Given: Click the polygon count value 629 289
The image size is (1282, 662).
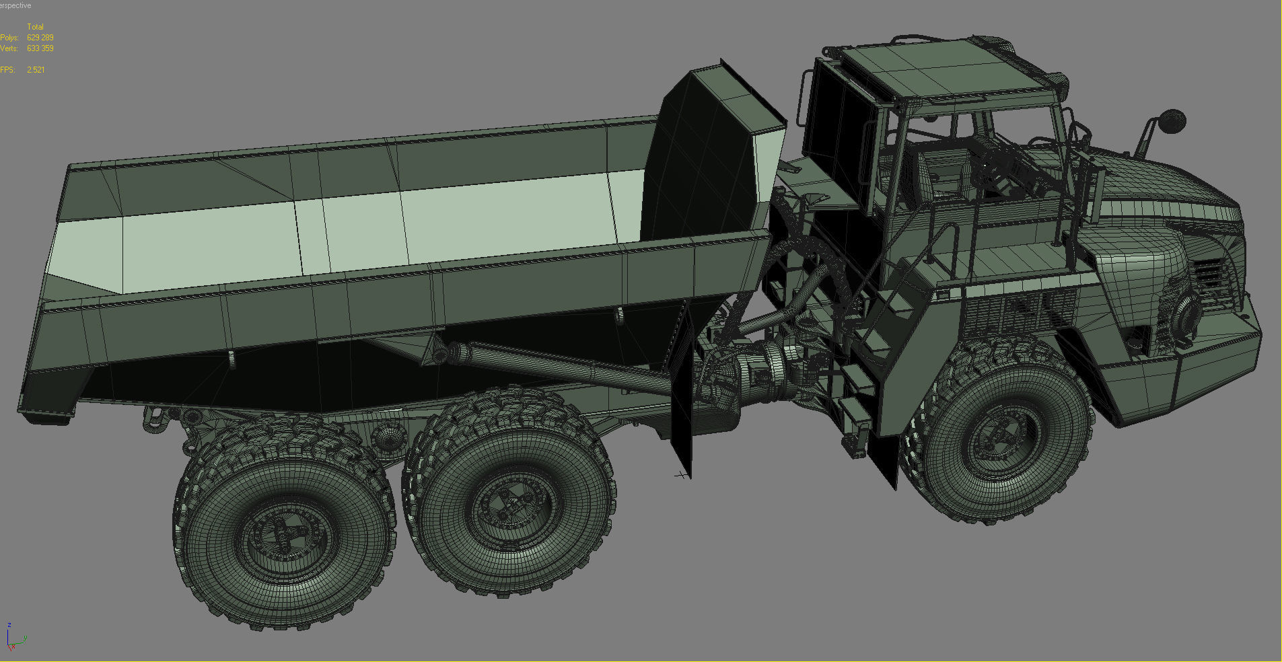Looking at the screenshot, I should click(x=40, y=38).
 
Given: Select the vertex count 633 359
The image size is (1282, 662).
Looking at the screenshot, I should click(x=40, y=48).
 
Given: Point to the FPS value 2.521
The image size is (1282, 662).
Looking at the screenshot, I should click(x=36, y=70).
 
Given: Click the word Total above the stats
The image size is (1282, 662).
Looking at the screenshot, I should click(x=35, y=27).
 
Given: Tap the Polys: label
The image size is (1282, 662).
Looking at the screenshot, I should click(x=9, y=38).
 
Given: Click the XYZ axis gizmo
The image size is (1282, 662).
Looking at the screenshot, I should click(x=13, y=638).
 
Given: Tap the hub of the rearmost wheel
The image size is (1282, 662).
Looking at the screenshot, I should click(x=286, y=538).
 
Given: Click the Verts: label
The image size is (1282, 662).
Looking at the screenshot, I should click(x=9, y=48).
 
